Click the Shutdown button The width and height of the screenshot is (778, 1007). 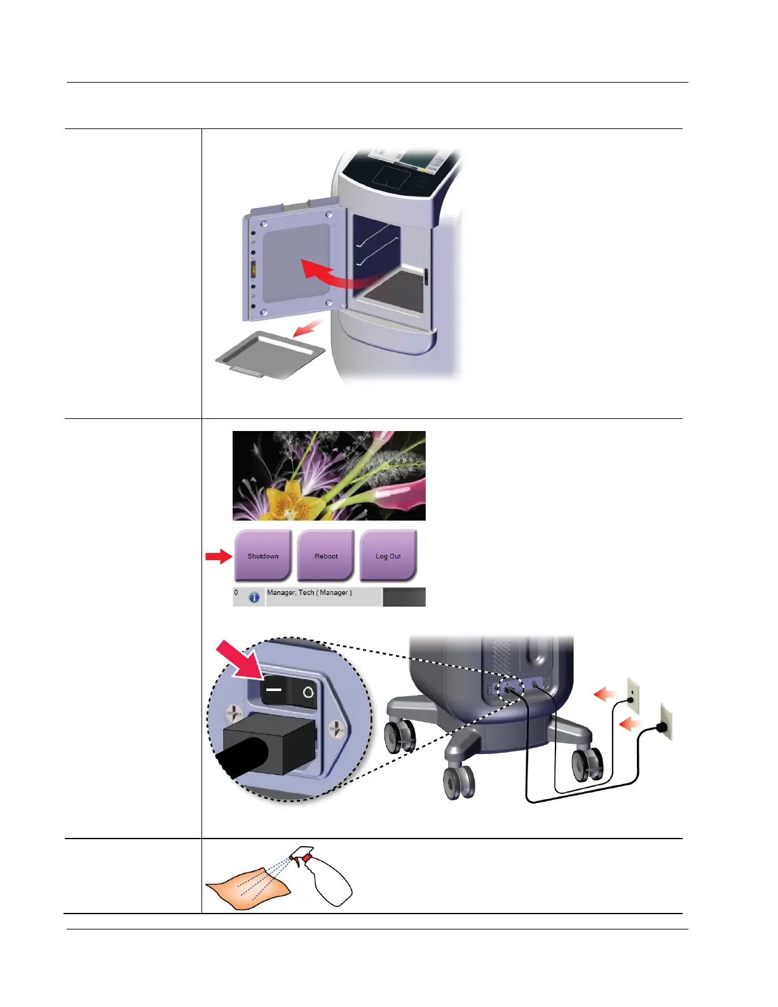[x=263, y=556]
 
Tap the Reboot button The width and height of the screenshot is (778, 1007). [x=325, y=556]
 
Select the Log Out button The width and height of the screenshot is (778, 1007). [x=388, y=556]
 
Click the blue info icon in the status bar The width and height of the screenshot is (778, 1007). [x=254, y=598]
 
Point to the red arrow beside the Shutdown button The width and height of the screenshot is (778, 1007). [x=218, y=557]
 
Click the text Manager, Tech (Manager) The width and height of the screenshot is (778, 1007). [x=309, y=593]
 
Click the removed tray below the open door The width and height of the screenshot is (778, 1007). [x=270, y=355]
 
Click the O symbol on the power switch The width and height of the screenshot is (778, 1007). [x=308, y=692]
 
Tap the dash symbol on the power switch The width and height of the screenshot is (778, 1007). [x=274, y=690]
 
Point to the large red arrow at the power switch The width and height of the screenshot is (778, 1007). [x=238, y=661]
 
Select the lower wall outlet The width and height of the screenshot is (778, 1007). [x=665, y=722]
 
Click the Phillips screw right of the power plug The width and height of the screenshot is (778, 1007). [x=335, y=728]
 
